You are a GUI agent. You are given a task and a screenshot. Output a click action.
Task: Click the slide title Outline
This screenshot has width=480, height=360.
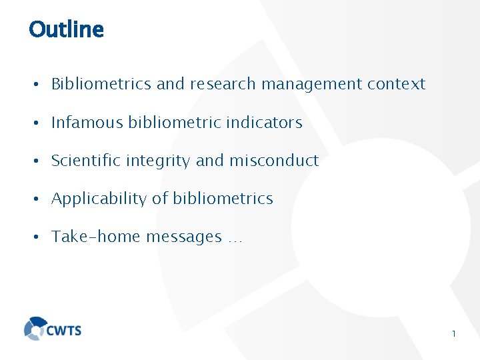click(x=67, y=30)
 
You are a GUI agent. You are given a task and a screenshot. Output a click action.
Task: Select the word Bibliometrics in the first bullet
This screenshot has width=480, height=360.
click(x=101, y=84)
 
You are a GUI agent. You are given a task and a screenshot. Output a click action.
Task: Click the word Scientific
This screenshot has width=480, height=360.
click(x=89, y=161)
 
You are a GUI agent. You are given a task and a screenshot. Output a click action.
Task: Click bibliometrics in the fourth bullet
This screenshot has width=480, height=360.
click(x=223, y=199)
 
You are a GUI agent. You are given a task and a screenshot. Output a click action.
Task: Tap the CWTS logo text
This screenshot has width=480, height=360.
click(x=64, y=329)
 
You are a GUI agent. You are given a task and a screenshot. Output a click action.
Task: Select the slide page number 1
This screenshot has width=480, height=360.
click(x=453, y=333)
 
